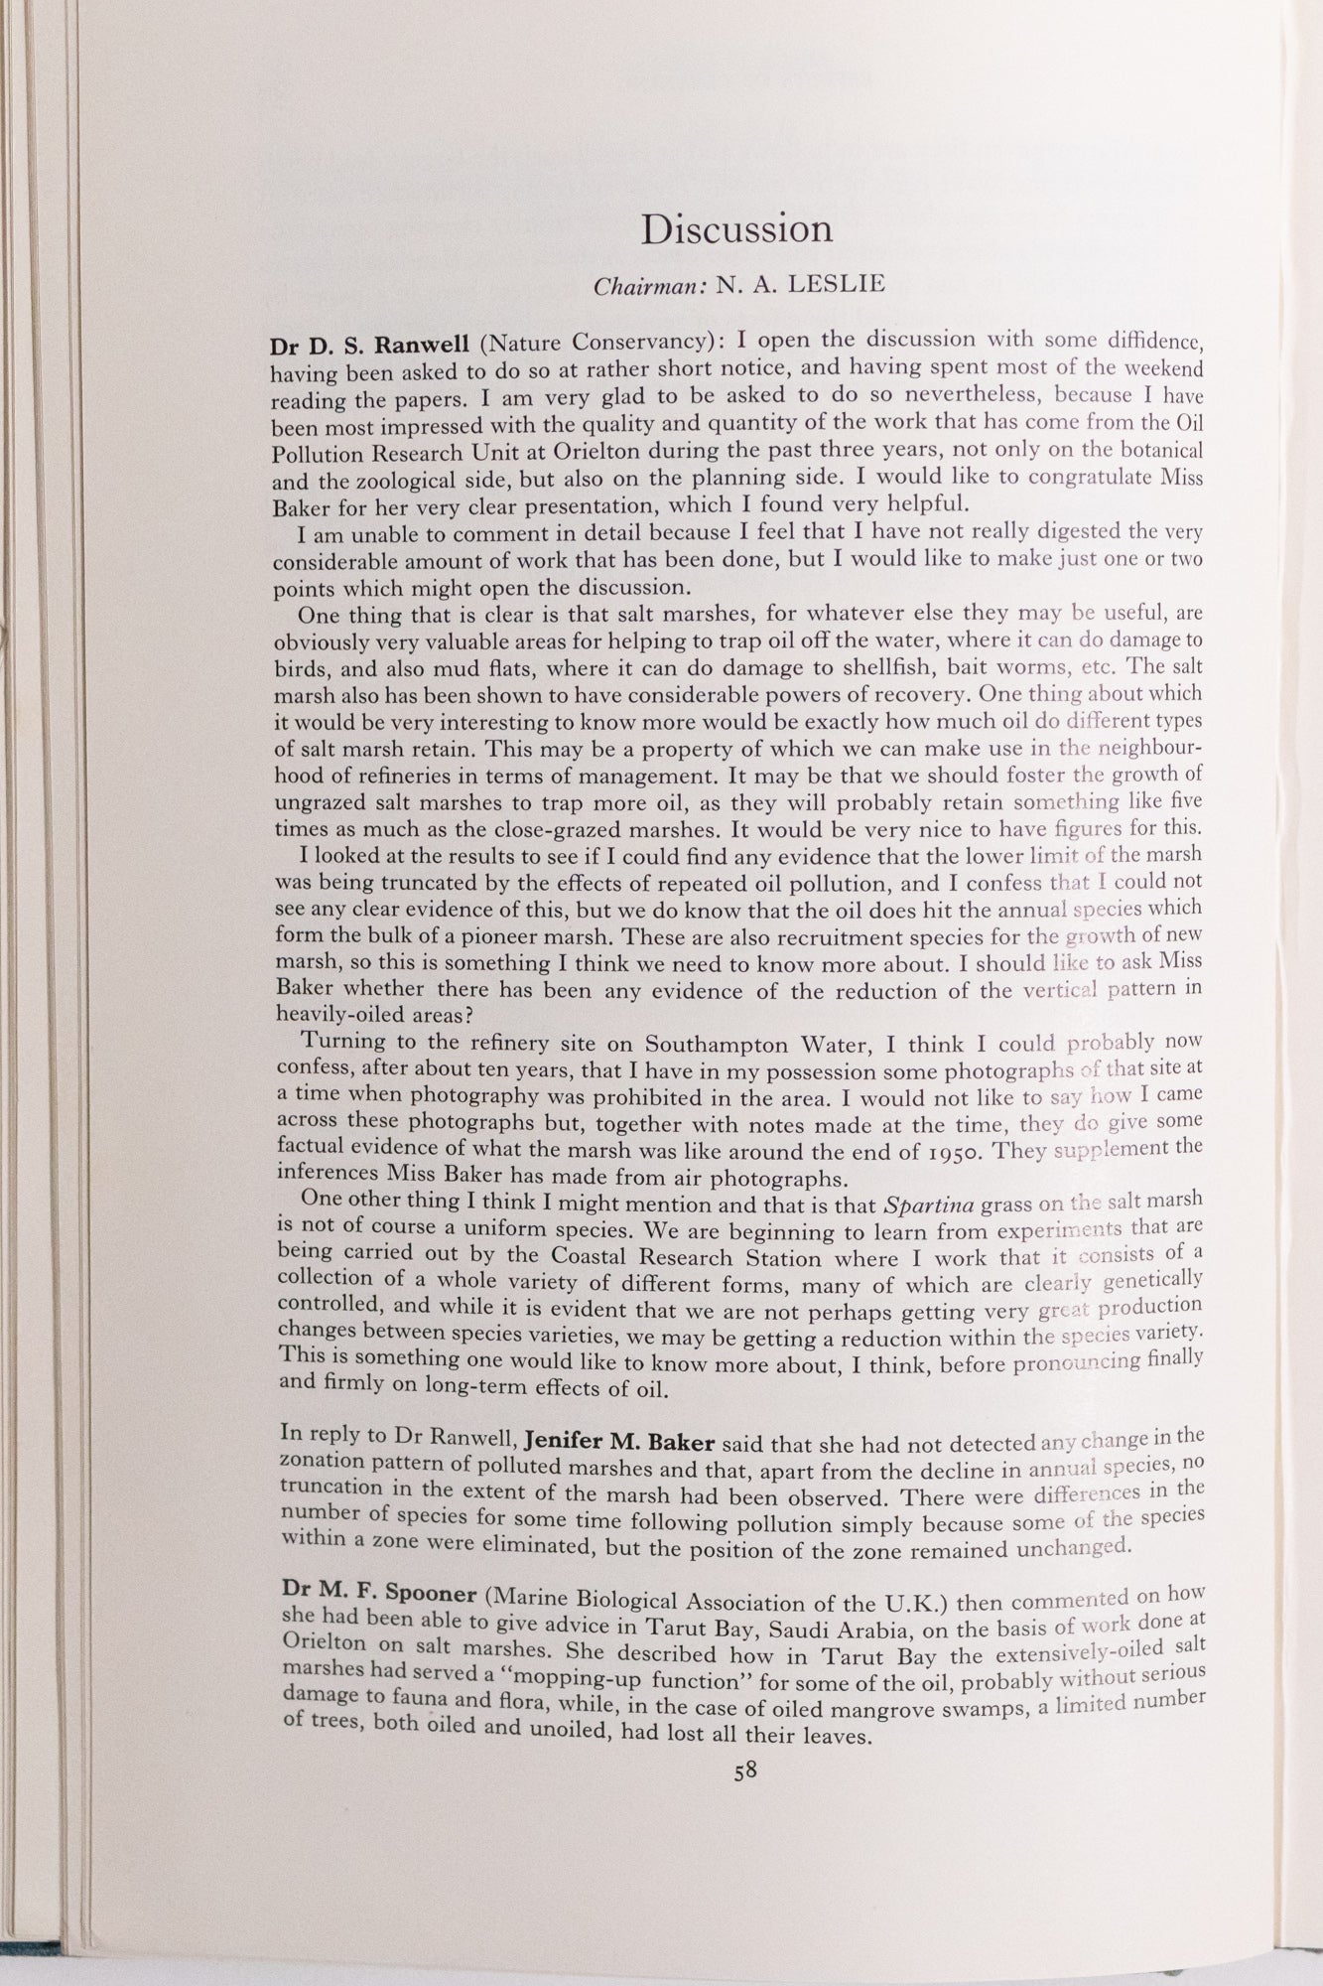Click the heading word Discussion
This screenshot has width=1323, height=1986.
point(736,229)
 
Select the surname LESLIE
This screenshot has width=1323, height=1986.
point(833,285)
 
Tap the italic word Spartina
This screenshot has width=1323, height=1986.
point(928,1206)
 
